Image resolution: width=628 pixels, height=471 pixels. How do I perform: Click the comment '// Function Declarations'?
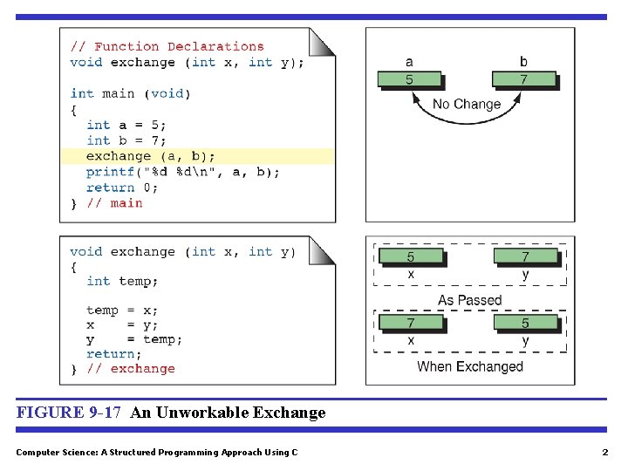point(166,46)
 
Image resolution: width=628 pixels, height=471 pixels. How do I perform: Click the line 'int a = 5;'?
point(126,125)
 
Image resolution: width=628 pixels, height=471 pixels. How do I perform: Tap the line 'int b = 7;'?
point(126,140)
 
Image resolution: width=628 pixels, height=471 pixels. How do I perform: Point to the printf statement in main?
point(182,172)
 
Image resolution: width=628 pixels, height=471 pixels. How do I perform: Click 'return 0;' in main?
point(122,188)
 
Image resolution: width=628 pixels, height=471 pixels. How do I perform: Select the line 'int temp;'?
point(122,281)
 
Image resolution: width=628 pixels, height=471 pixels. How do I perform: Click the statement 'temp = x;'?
point(122,310)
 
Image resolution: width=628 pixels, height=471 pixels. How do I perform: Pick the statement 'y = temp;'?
point(134,339)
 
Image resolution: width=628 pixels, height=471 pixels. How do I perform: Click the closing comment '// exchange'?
point(130,369)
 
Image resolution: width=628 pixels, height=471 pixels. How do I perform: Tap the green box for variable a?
point(409,80)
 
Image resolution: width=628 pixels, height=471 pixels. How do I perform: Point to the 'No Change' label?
point(467,104)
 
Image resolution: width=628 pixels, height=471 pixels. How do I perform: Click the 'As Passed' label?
point(469,300)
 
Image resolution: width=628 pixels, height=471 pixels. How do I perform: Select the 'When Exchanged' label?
point(470,366)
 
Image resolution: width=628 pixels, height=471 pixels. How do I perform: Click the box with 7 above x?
point(411,323)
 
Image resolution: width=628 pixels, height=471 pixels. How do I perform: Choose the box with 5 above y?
point(525,323)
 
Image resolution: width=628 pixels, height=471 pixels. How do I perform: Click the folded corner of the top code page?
point(323,41)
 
